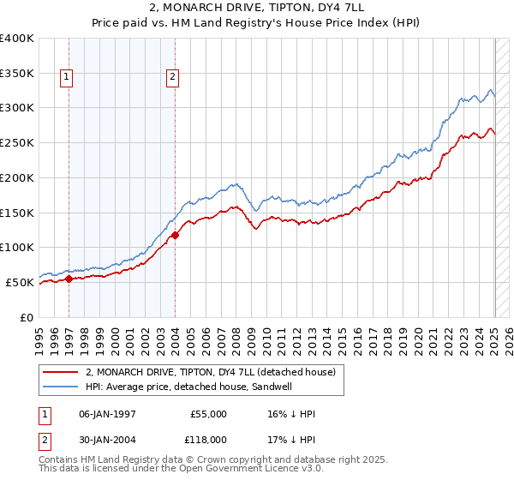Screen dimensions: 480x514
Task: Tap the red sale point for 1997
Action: (x=69, y=279)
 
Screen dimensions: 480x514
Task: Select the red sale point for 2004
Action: (x=175, y=234)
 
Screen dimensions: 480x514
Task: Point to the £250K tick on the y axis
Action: (x=17, y=142)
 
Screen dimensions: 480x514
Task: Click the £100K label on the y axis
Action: (x=17, y=247)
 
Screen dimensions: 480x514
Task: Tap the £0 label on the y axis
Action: (x=26, y=317)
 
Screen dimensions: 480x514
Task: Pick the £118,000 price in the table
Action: (x=207, y=439)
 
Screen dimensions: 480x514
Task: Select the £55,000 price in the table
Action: (x=209, y=414)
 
